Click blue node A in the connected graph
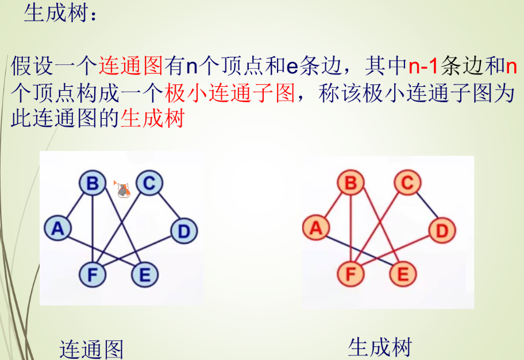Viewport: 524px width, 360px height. point(57,229)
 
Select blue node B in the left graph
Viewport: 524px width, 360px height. point(93,184)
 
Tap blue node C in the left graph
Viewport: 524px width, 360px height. point(149,184)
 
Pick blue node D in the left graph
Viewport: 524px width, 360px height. point(184,231)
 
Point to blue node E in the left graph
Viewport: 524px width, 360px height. point(144,275)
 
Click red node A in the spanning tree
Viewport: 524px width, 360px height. point(315,229)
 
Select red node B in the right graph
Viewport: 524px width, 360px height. point(351,184)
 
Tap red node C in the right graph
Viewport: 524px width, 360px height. point(407,184)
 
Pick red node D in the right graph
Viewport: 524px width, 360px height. point(442,231)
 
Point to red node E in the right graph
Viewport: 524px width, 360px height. point(403,275)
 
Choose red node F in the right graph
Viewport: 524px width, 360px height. point(351,275)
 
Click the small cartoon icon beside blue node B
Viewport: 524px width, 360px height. point(122,189)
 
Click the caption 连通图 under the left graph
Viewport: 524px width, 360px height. point(92,349)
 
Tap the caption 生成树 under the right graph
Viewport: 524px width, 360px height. point(380,347)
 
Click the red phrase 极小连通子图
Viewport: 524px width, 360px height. point(229,94)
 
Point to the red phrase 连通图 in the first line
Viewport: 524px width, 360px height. point(132,67)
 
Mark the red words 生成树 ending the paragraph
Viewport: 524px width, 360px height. point(152,119)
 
